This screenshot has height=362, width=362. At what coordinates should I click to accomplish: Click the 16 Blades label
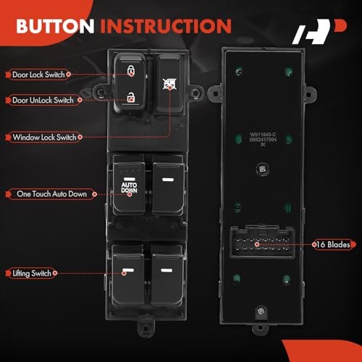(334, 245)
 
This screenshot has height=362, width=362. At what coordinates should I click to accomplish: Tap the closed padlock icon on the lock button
(131, 70)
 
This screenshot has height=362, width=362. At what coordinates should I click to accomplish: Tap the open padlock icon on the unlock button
(131, 96)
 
